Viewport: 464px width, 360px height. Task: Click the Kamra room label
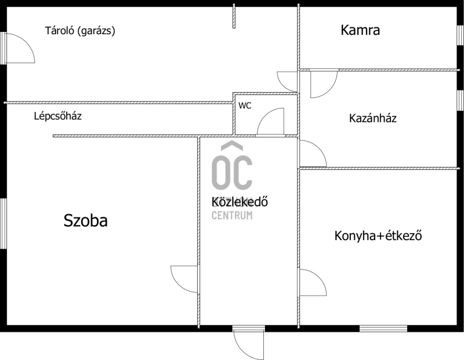pos(360,30)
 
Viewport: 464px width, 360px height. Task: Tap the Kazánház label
pos(372,118)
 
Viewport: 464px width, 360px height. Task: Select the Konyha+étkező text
pos(378,236)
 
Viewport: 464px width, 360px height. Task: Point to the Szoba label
pos(85,221)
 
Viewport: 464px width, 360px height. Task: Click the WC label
pos(245,106)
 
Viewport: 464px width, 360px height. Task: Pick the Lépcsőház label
pos(57,116)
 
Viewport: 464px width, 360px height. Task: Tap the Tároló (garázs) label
pos(80,31)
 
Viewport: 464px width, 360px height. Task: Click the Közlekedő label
pos(240,202)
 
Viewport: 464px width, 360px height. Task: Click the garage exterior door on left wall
pos(19,48)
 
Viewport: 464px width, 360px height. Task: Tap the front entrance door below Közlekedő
pos(248,343)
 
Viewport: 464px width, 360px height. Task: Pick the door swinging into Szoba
pos(184,279)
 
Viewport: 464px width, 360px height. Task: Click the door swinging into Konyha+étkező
pos(313,282)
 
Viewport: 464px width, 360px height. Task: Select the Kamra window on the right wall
pos(460,35)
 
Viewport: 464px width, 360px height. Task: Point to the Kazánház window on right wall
pos(460,100)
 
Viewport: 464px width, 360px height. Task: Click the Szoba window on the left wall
pos(3,224)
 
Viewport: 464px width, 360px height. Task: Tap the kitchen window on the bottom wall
pos(383,328)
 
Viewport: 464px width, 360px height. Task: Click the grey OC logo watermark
pos(232,166)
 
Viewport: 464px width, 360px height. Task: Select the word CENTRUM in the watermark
pos(232,215)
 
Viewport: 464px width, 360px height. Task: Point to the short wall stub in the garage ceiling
pos(234,16)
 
